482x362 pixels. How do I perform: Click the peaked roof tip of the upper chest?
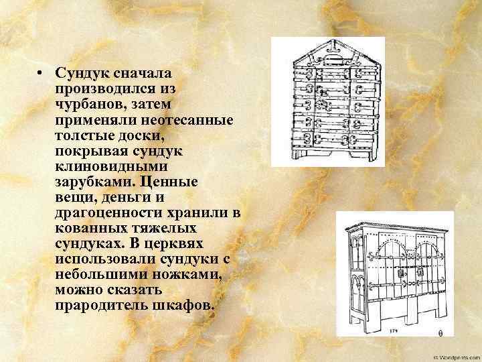click(x=328, y=40)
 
